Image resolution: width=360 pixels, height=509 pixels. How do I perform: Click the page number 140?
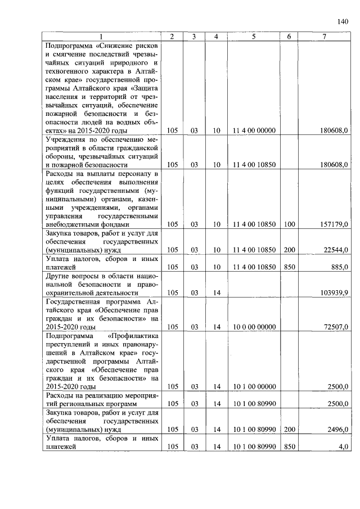(x=343, y=22)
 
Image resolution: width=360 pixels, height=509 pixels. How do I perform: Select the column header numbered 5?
(x=253, y=37)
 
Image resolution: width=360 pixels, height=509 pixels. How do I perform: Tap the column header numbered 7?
(x=324, y=37)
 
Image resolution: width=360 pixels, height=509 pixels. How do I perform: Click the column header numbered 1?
(x=102, y=37)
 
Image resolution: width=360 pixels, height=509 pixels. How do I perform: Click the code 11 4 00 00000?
(x=253, y=130)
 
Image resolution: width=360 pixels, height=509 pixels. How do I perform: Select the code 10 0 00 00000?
(x=253, y=327)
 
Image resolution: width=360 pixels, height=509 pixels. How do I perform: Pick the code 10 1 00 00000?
(x=253, y=386)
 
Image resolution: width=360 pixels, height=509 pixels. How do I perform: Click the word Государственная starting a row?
(x=78, y=301)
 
